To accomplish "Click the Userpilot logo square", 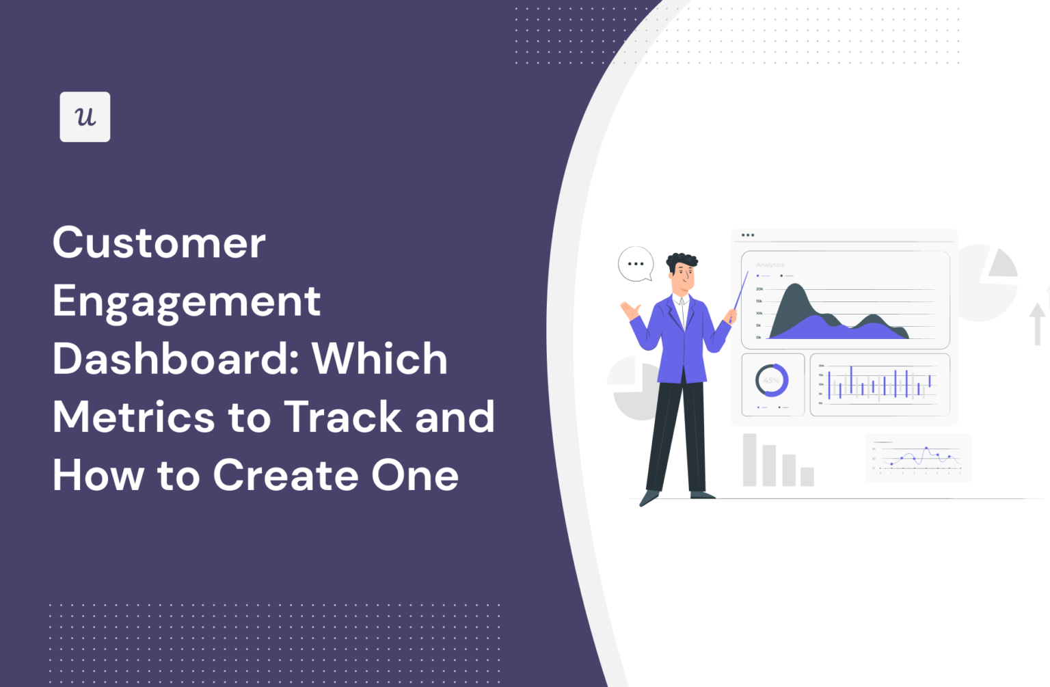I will [x=85, y=117].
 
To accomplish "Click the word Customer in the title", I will [x=159, y=243].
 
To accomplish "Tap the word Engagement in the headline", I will [x=187, y=301].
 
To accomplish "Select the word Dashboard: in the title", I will [x=174, y=359].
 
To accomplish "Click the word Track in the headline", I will [x=342, y=417].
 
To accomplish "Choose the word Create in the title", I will [x=286, y=475].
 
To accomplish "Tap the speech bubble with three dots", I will [x=636, y=263].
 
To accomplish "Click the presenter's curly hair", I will [x=682, y=260].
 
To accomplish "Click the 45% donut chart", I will [x=772, y=381].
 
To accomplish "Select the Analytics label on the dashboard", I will [x=770, y=265].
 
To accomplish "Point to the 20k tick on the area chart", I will [x=759, y=289].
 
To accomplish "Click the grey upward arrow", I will [x=1037, y=323].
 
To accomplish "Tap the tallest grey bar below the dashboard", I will [x=750, y=459].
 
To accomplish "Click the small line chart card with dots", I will [x=918, y=458].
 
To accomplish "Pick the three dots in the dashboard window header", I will [x=748, y=235].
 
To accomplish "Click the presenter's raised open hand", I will [x=630, y=311].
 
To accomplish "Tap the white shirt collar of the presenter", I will [x=681, y=301].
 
